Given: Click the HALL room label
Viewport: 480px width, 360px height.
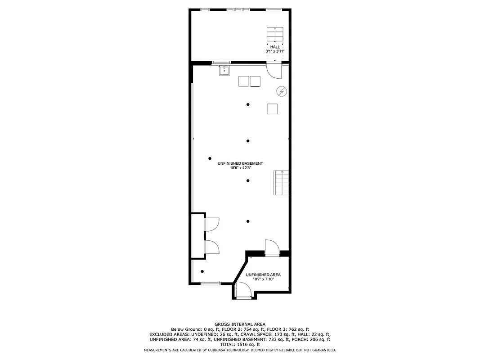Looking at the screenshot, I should tap(275, 47).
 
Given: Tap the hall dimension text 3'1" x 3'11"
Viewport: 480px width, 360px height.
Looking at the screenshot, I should tap(275, 52).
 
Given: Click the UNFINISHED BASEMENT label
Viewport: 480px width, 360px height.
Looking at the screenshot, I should tap(240, 163).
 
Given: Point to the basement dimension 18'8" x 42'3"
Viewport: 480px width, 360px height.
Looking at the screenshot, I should tap(240, 168).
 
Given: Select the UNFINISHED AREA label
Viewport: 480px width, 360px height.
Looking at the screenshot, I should tap(263, 274).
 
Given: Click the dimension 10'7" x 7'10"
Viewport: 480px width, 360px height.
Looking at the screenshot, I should tap(263, 279).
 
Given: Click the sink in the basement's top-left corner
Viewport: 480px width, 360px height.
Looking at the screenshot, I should tap(224, 71).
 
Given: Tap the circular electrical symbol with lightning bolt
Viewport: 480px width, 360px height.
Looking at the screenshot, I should tap(282, 91).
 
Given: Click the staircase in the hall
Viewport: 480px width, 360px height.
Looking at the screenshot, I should tap(275, 34).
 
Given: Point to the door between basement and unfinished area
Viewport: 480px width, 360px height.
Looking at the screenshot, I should tap(272, 248).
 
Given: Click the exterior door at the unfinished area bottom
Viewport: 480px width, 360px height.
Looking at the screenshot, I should tap(243, 290).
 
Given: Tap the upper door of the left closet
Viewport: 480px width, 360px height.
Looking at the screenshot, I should tap(212, 224).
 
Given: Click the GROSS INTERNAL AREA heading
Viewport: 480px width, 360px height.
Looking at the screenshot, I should tap(240, 324).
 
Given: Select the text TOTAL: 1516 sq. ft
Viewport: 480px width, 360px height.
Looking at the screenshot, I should tap(240, 344).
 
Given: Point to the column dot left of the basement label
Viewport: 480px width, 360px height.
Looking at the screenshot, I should tap(210, 158).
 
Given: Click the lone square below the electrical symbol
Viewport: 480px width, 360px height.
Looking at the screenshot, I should tap(272, 109).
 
